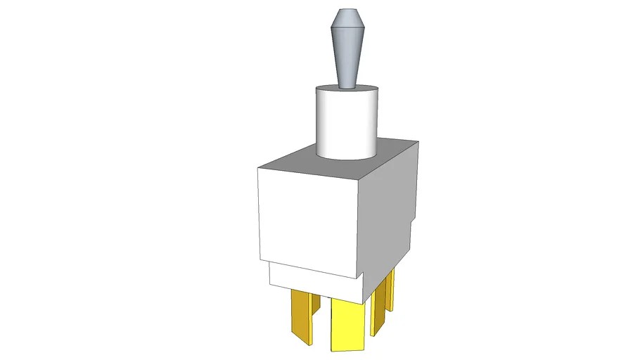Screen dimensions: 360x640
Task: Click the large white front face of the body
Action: (309, 218)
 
